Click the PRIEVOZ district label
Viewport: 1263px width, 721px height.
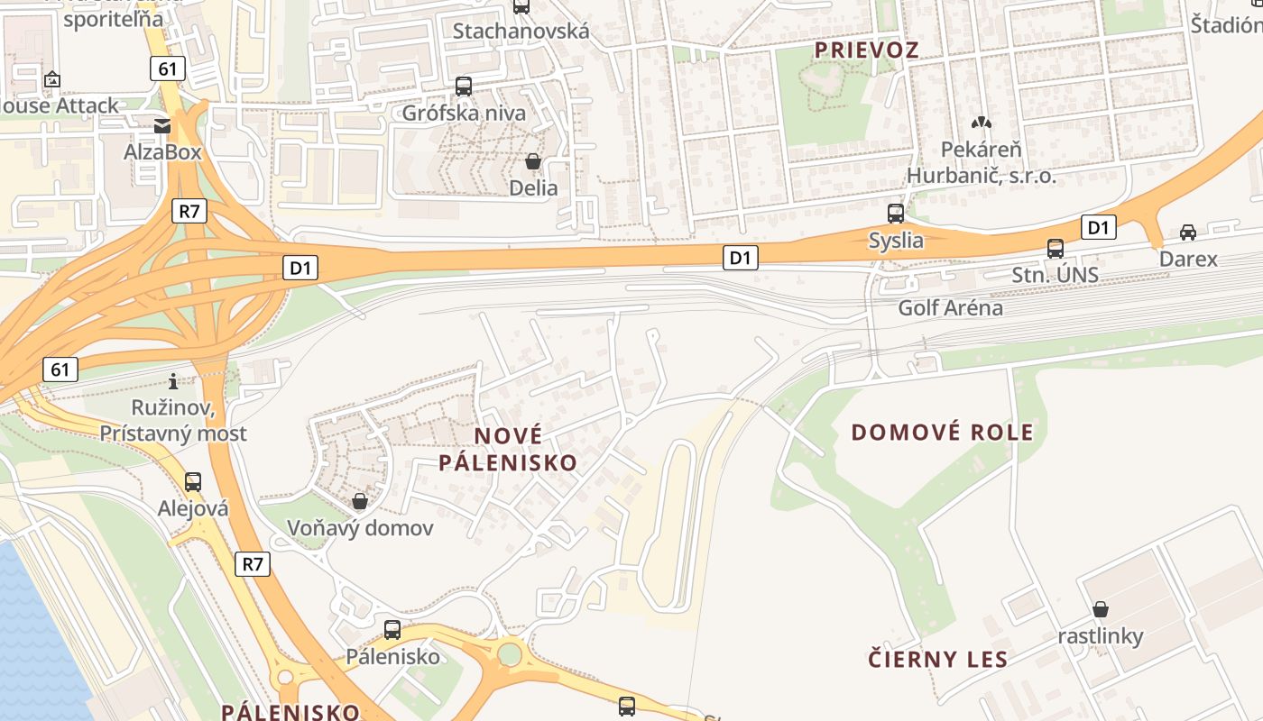click(x=867, y=50)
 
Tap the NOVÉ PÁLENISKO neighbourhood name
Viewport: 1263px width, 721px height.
click(x=508, y=449)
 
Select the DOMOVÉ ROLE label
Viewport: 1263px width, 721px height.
click(x=943, y=433)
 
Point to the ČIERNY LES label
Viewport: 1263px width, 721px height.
click(x=938, y=659)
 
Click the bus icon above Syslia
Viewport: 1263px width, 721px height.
click(x=896, y=214)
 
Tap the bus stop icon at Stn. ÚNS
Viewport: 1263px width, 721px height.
click(x=1056, y=249)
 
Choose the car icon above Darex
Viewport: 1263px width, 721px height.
click(x=1188, y=233)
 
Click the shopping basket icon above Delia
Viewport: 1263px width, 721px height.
click(x=533, y=161)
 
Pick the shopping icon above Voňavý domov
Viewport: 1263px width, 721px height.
click(x=360, y=501)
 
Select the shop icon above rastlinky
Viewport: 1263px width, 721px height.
click(x=1101, y=609)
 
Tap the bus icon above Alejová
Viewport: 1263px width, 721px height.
click(x=193, y=481)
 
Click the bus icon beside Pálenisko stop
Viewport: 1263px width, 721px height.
click(x=392, y=630)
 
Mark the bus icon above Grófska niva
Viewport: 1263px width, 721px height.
click(x=464, y=87)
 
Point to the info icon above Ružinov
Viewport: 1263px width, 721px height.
click(x=173, y=381)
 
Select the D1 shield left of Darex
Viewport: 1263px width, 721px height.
click(x=1098, y=227)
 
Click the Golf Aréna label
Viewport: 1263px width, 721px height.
click(x=950, y=307)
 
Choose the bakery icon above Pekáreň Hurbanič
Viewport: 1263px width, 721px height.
click(x=981, y=122)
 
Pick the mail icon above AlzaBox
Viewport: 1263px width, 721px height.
click(x=162, y=126)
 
